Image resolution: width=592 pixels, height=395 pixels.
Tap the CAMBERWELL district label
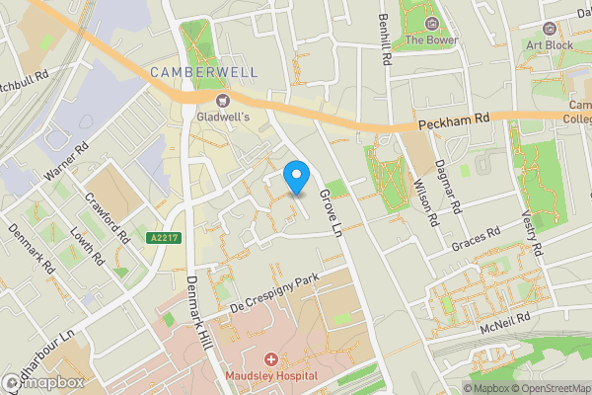[203, 72]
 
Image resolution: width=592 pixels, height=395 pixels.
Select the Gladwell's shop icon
[223, 99]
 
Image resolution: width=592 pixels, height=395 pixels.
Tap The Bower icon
[431, 24]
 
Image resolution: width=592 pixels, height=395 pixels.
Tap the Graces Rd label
[477, 240]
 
